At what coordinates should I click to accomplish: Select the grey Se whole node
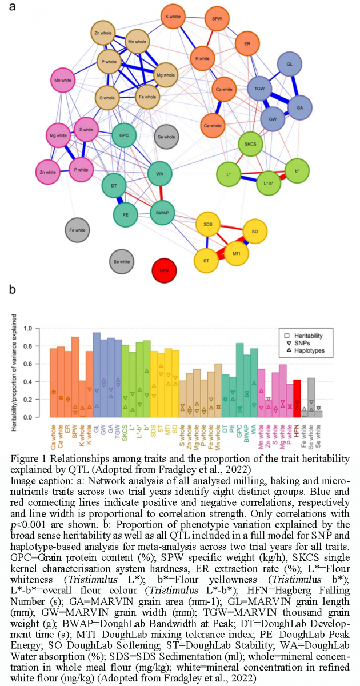(166, 137)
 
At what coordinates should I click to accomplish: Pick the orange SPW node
(217, 19)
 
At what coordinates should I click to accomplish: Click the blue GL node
(290, 65)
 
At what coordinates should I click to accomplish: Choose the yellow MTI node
(236, 252)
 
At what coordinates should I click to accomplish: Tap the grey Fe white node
(77, 230)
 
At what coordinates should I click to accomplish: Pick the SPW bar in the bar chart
(75, 377)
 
